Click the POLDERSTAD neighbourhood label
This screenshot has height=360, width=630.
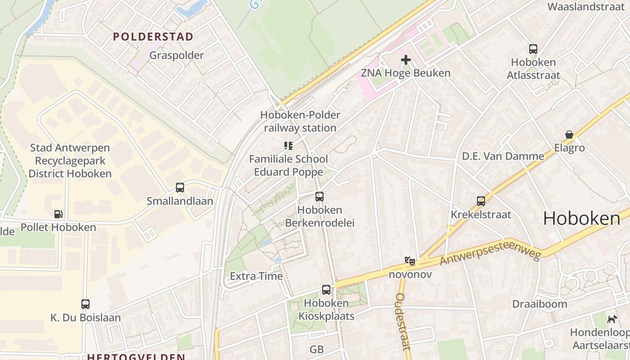pos(153,36)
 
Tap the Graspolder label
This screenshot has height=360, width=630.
pos(176,55)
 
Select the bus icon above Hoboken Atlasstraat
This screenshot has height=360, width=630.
pos(533,49)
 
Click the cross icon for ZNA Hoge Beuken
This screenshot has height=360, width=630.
pos(406,59)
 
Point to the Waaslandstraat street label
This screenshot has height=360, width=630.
pos(586,7)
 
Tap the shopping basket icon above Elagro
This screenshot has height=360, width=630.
pos(569,135)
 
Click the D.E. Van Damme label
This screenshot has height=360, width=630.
pos(503,156)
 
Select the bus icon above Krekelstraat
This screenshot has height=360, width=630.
pos(481,201)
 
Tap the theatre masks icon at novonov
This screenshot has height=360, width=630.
pos(410,261)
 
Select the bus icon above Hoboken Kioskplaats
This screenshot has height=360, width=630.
pos(326,290)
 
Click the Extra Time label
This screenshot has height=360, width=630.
pos(256,276)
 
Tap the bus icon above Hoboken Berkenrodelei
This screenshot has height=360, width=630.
pos(319,197)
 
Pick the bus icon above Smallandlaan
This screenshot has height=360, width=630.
pos(180,188)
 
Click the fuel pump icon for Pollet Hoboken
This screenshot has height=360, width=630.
pos(58,214)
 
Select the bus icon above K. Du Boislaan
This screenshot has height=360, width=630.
pos(85,304)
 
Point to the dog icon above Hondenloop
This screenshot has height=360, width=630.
pos(612,319)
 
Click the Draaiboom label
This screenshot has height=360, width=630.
pos(540,304)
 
